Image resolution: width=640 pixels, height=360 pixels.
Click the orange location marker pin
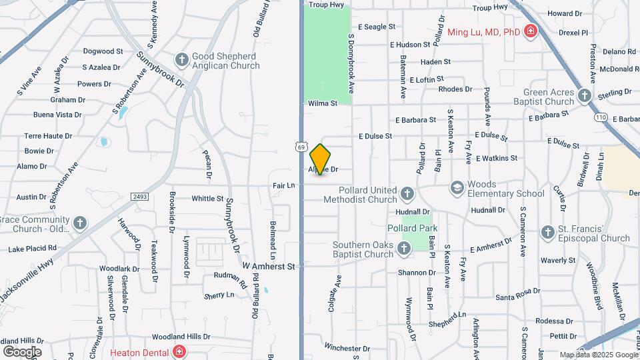point(320,159)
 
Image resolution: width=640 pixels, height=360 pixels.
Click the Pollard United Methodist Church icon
point(407,194)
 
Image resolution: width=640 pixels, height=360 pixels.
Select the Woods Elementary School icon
point(457,189)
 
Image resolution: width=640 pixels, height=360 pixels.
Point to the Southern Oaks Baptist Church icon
point(404,249)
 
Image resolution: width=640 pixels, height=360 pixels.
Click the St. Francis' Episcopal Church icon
point(547,233)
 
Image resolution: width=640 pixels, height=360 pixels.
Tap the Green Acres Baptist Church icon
point(585,96)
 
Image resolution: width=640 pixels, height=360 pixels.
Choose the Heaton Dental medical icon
point(178,351)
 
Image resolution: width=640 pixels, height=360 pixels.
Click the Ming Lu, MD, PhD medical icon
point(531,31)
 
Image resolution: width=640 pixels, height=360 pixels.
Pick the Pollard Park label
point(411,228)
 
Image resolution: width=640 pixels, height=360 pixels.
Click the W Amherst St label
point(268,266)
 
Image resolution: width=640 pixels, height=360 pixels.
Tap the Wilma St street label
point(323,103)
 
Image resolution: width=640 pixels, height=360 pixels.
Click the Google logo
point(22,351)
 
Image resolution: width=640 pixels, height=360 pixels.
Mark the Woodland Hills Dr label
point(181,337)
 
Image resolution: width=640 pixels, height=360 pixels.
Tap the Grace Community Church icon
point(80,223)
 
